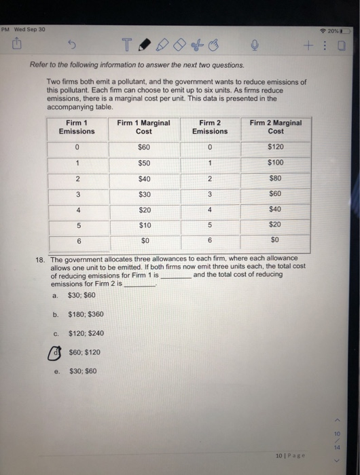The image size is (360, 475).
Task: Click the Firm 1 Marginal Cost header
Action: point(143,127)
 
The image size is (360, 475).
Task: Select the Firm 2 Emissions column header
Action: point(210,127)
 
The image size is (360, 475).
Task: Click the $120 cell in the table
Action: point(276,147)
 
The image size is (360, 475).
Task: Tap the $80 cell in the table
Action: point(276,179)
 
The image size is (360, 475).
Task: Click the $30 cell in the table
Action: point(144,195)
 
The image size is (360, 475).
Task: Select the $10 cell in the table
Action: point(144,225)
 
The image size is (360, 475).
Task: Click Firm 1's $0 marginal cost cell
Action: point(144,241)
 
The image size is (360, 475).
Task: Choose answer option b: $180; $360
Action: point(86,314)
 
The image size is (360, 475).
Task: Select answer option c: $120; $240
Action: point(86,333)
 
